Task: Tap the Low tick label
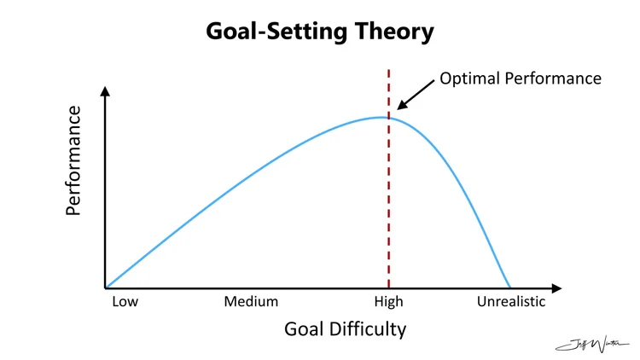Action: (125, 301)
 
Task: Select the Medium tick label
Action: (251, 301)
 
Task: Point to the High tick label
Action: (389, 301)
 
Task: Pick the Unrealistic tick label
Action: (510, 301)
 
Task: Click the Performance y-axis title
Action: (74, 160)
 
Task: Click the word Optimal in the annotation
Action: (468, 78)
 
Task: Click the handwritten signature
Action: (591, 344)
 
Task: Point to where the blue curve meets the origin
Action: (106, 287)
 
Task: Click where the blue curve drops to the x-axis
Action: (510, 287)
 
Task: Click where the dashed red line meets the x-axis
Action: (389, 288)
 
